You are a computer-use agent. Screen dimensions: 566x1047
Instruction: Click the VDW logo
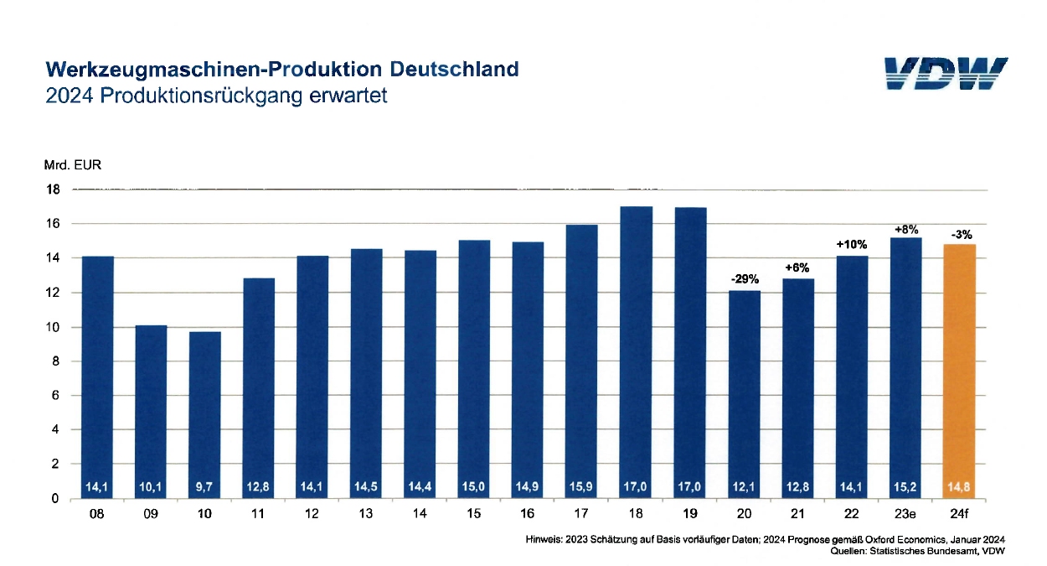946,73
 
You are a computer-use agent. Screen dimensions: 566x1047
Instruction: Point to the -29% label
743,278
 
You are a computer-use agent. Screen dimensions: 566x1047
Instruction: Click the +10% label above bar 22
851,244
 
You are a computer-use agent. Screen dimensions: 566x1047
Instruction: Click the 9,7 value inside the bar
204,485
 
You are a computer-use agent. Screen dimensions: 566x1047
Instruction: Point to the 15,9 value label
581,485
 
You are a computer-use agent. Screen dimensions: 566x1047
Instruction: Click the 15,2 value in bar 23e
905,485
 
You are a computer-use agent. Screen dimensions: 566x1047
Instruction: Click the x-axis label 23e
905,513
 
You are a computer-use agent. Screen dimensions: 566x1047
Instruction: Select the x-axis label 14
420,513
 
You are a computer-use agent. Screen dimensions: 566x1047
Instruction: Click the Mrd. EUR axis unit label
73,165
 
